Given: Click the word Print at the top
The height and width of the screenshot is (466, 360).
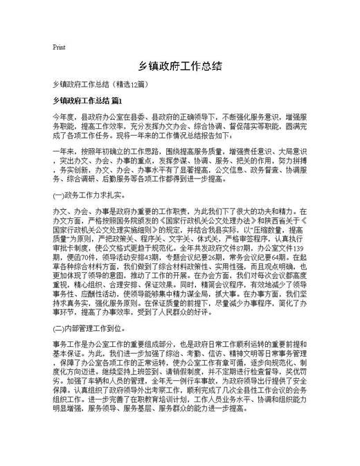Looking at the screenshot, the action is click(59, 47).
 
